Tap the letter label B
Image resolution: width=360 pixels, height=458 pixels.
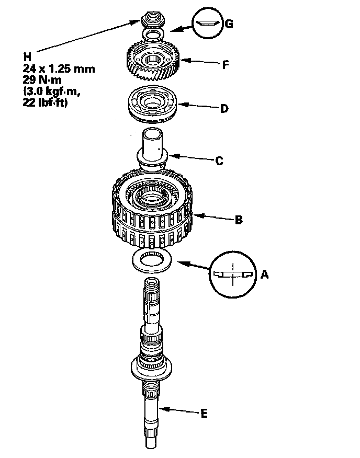tap(239, 221)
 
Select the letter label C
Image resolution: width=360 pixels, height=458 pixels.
tap(219, 162)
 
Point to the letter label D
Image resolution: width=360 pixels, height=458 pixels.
tap(223, 109)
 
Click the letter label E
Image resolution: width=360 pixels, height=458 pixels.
tap(204, 414)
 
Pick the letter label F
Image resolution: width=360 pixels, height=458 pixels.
tap(226, 64)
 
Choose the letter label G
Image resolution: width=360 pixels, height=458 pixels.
tap(229, 24)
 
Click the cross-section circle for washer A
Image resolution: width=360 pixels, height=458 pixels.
tap(230, 274)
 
